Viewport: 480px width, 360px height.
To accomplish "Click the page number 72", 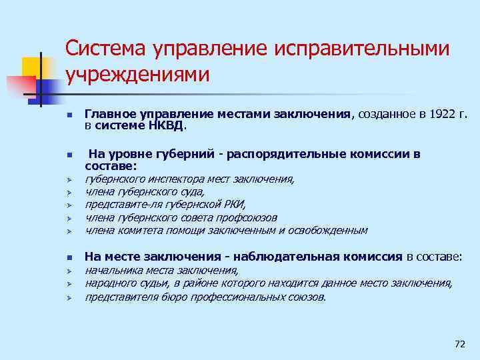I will (x=459, y=344).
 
